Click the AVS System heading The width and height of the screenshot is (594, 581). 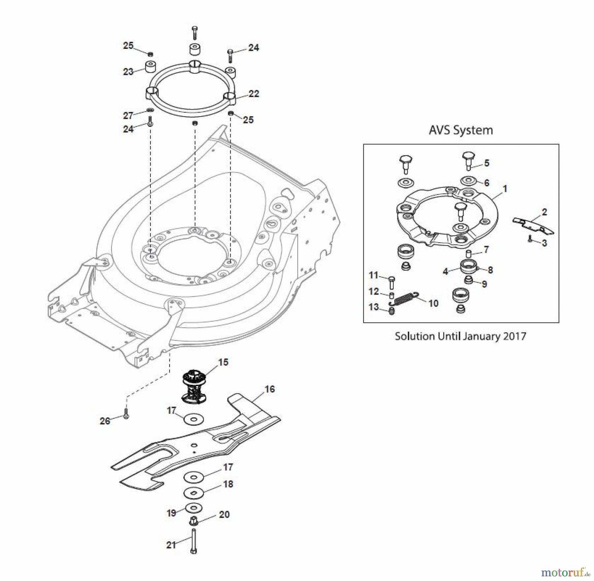[461, 130]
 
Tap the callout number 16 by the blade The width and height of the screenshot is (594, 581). [270, 389]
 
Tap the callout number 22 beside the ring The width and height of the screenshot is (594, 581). [253, 94]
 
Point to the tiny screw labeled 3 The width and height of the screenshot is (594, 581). [530, 240]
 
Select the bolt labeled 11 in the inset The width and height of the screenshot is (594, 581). [392, 282]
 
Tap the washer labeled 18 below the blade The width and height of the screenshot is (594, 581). [194, 493]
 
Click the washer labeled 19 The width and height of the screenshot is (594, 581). [194, 507]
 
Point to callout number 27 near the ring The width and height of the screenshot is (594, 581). [128, 116]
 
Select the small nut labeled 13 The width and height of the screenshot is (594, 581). [392, 311]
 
